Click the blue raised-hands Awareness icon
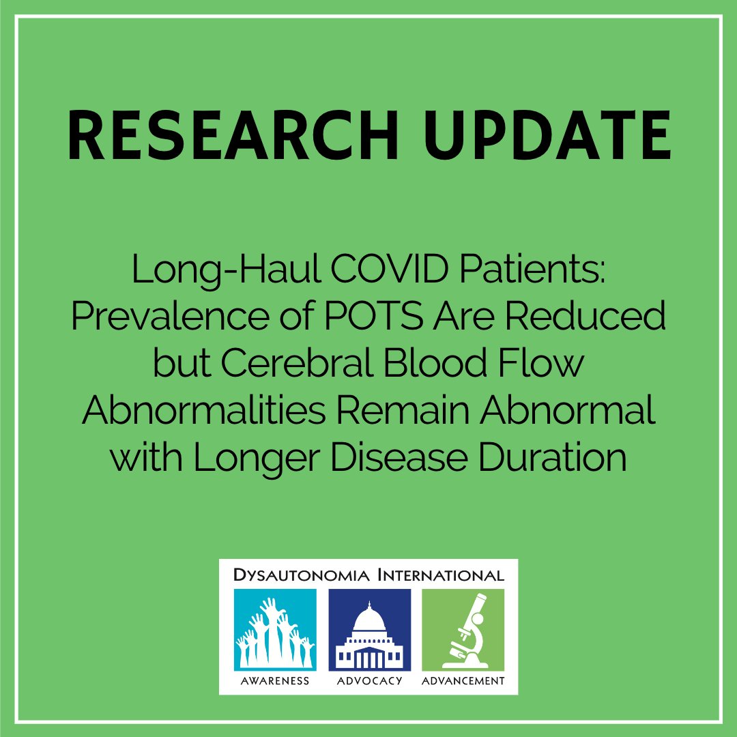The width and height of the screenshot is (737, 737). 275,630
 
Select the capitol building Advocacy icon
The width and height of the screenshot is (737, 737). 369,630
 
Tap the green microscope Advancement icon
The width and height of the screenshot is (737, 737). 463,630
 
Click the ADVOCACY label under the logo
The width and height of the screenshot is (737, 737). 369,680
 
